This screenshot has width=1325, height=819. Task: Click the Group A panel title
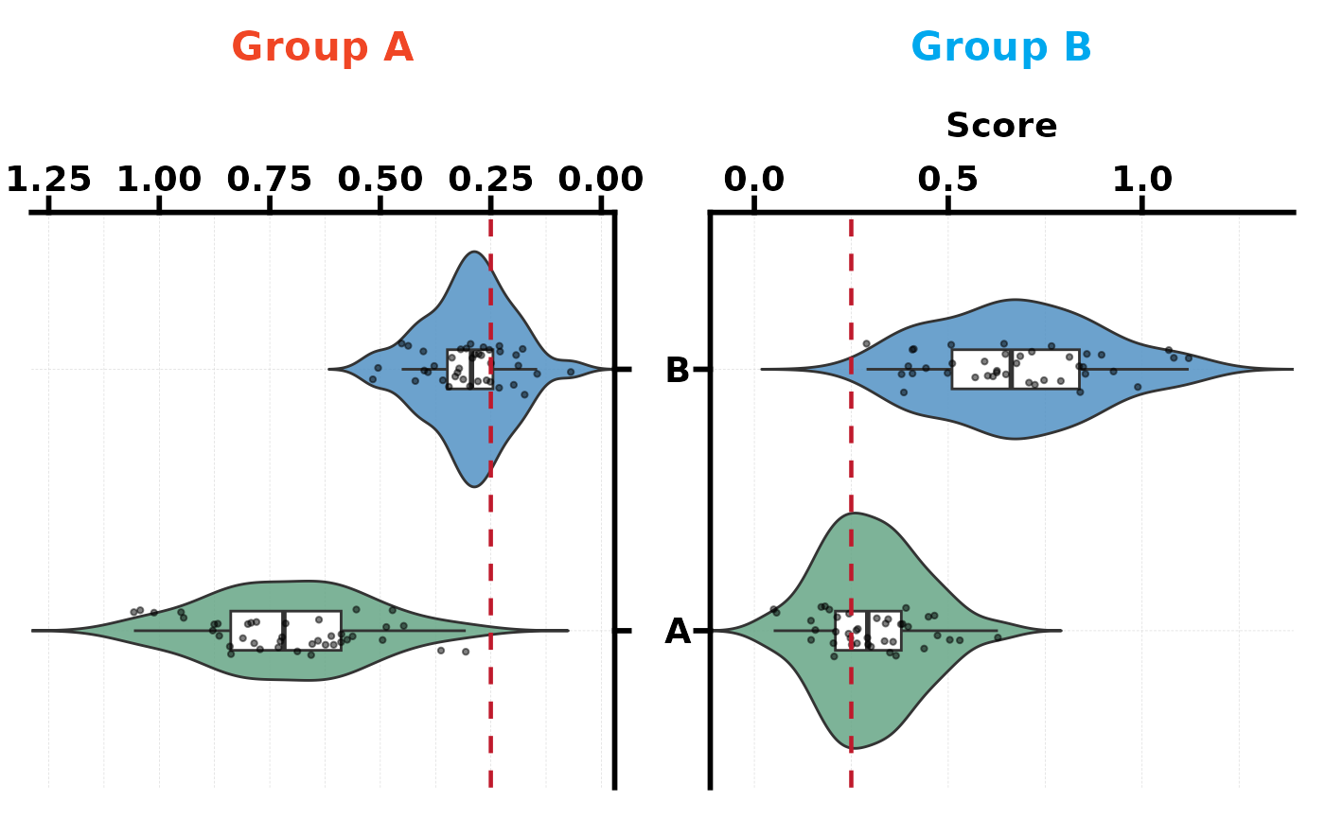click(x=323, y=47)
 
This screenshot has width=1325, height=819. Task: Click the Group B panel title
click(x=1001, y=47)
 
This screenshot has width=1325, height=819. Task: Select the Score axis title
click(x=1001, y=126)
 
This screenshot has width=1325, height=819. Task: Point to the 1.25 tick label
click(x=49, y=180)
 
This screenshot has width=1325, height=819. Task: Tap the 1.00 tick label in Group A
click(x=160, y=180)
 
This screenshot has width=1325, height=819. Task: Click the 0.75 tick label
click(x=271, y=180)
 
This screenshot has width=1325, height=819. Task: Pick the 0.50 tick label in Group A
click(x=380, y=180)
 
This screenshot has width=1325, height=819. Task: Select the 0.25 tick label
click(x=491, y=180)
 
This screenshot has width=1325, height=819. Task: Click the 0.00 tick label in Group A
click(x=601, y=180)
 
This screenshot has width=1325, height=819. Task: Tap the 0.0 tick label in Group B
click(x=754, y=180)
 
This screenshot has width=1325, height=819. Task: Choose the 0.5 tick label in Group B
click(x=948, y=180)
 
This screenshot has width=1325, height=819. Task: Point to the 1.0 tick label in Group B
click(x=1142, y=180)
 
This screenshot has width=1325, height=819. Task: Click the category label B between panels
click(x=678, y=371)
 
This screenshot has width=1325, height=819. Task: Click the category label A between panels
click(x=678, y=632)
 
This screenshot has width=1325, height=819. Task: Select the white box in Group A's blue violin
click(x=470, y=369)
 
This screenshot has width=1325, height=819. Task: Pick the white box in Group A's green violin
click(x=286, y=630)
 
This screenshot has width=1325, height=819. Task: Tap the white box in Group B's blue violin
click(x=1016, y=369)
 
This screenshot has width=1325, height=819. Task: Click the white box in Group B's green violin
click(x=868, y=630)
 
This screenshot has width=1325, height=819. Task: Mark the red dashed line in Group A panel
click(x=490, y=530)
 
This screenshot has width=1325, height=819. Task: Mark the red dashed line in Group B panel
click(x=851, y=473)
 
